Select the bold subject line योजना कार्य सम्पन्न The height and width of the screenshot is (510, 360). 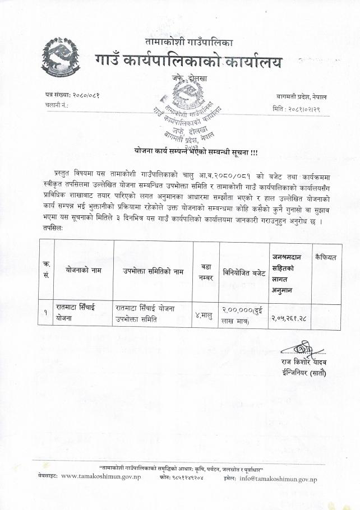196,151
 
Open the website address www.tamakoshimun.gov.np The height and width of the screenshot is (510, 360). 101,476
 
